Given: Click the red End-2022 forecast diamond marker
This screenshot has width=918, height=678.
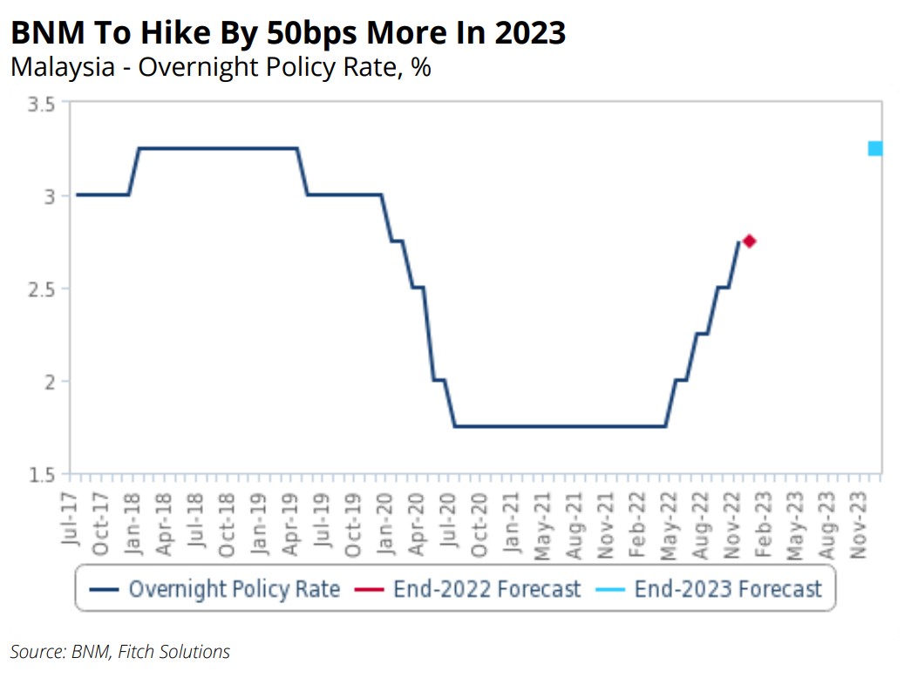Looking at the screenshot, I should (748, 241).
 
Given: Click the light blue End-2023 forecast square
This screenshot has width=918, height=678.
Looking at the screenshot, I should (874, 148).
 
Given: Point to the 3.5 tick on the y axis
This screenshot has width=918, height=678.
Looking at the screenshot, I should (43, 105).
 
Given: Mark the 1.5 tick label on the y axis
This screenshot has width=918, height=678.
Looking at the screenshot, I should (43, 475).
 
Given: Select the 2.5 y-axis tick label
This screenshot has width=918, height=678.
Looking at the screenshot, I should (43, 289).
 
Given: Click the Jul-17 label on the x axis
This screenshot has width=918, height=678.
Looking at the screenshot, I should (71, 521).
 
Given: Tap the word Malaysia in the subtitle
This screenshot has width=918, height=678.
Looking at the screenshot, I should (62, 67).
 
